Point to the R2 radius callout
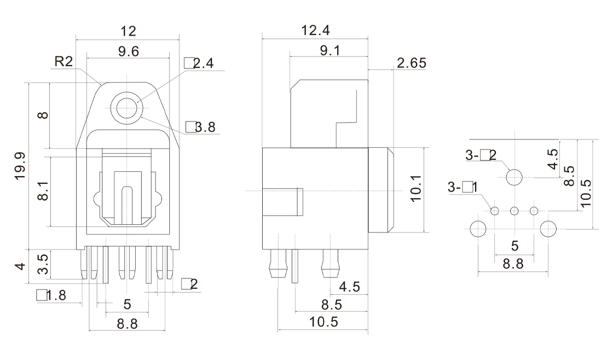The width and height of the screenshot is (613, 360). (x=65, y=61)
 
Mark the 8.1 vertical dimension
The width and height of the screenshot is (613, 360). (x=45, y=191)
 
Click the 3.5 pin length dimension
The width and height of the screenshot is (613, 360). (x=45, y=263)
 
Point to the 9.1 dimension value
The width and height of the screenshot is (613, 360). (x=329, y=50)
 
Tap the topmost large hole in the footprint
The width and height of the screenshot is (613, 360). (x=514, y=177)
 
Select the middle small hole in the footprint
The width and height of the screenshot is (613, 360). (x=514, y=211)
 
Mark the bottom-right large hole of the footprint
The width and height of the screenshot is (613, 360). (x=549, y=229)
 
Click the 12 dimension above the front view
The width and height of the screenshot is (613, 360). (x=129, y=31)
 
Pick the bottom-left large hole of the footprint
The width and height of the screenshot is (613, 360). (x=478, y=229)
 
